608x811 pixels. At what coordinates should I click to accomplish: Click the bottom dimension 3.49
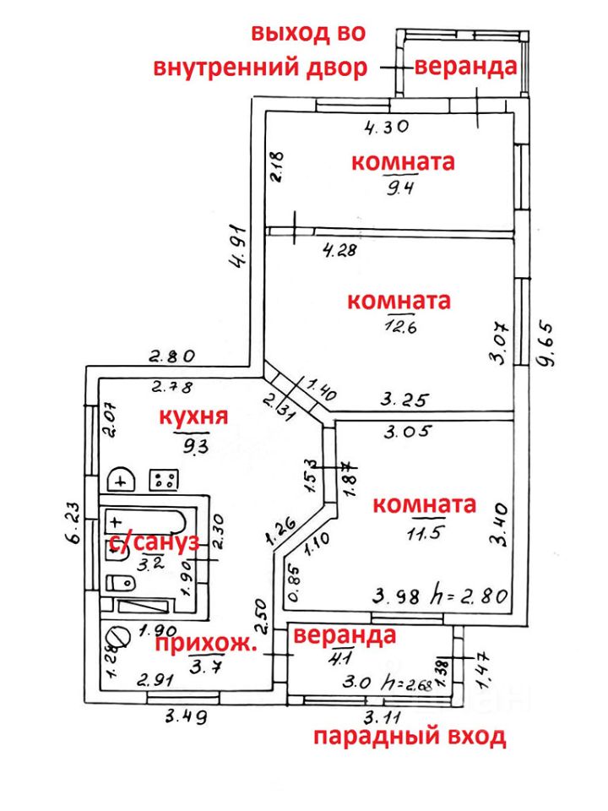(x=187, y=717)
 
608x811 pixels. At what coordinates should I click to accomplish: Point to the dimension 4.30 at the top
(x=387, y=128)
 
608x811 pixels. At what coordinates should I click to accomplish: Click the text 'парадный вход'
(x=410, y=738)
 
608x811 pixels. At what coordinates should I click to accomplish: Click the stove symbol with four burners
(x=164, y=480)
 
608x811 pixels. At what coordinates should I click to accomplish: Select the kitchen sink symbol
(x=124, y=479)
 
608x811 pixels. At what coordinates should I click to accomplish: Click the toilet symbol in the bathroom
(x=120, y=582)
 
